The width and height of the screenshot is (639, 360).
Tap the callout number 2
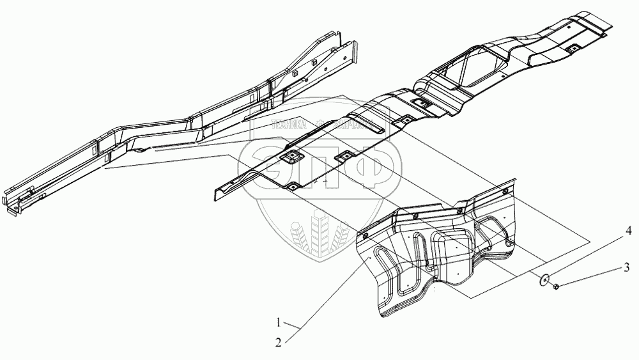pyautogui.click(x=279, y=342)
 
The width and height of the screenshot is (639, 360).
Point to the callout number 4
pyautogui.click(x=628, y=229)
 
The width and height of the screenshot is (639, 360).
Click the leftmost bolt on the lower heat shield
pyautogui.click(x=366, y=235)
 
